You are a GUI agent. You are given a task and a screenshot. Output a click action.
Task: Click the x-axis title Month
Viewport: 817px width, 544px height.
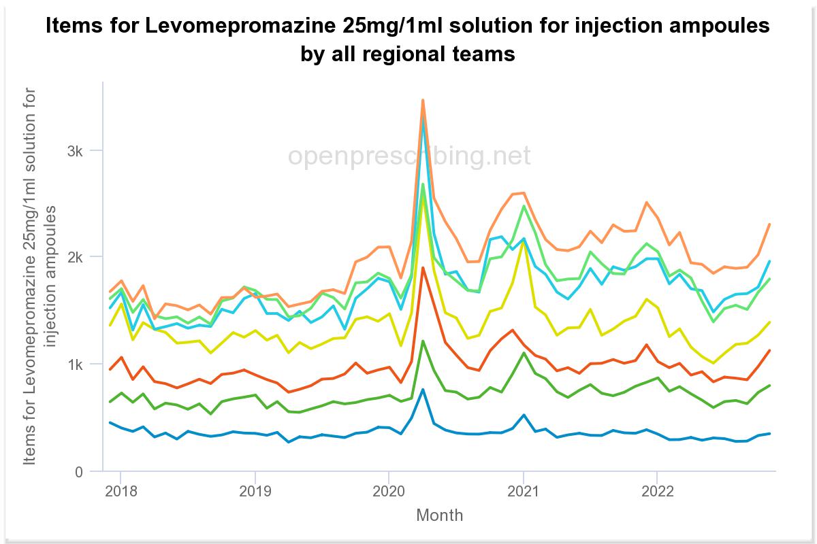[x=439, y=515]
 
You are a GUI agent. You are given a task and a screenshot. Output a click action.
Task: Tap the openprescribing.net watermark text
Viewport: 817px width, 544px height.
[x=408, y=156]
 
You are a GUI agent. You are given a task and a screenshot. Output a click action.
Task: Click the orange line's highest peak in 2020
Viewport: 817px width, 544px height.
[x=423, y=100]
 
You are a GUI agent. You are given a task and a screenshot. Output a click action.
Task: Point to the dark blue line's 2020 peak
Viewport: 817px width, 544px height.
[x=423, y=390]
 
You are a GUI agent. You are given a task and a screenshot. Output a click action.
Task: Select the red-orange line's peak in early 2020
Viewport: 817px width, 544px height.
[x=423, y=268]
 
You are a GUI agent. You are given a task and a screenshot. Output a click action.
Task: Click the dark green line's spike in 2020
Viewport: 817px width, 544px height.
[x=423, y=341]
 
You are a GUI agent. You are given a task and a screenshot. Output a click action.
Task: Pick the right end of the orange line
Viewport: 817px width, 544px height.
[x=769, y=224]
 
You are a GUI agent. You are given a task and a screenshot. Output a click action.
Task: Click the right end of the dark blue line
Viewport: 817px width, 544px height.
[x=769, y=433]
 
